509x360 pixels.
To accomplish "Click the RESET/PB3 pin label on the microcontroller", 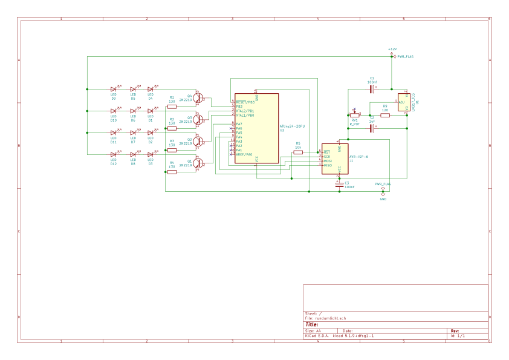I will pos(245,102).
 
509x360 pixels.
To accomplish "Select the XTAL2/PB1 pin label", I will pos(245,111).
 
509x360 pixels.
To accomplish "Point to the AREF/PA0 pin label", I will pos(244,154).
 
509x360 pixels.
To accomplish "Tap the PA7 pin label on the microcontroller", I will pos(239,124).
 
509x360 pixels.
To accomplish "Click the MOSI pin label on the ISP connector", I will pos(328,161).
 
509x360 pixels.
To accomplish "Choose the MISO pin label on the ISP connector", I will pos(328,165).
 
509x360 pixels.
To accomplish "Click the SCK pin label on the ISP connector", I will pos(327,157).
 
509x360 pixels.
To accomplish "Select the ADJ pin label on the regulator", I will pos(402,102).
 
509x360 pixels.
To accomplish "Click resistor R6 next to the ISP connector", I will pos(298,152).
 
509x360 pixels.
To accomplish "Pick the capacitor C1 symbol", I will pos(372,89).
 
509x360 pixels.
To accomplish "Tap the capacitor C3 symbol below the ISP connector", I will pos(339,184).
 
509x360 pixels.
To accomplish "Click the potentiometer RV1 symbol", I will pos(355,114).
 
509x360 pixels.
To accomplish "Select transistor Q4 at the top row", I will pos(198,98).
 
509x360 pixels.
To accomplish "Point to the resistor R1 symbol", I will pos(172,106).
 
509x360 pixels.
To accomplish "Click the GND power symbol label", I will pos(383,198).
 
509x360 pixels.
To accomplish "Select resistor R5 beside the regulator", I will pos(385,114).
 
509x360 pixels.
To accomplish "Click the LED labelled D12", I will pos(113,155).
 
